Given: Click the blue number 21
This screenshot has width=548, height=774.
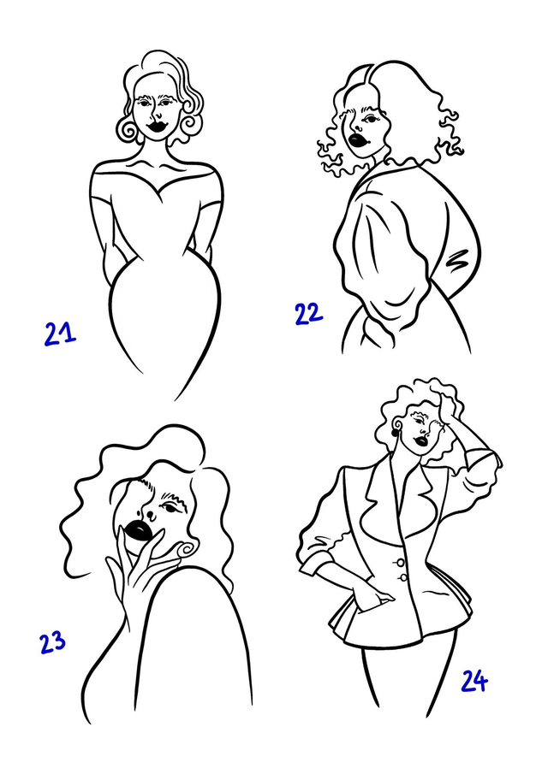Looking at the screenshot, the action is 60,334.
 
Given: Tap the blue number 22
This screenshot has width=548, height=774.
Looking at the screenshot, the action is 309,314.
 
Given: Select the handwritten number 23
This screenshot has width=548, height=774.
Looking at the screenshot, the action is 52,642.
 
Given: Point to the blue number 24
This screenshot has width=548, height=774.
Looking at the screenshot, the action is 474,682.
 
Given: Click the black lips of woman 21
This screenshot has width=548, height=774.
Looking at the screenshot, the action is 158,126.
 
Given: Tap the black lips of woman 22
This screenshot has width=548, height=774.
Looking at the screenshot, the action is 357,139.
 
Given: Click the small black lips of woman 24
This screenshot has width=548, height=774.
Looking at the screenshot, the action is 421,440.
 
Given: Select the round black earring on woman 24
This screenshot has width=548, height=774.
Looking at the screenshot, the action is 396,434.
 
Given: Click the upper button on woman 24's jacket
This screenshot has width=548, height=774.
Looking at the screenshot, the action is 400,562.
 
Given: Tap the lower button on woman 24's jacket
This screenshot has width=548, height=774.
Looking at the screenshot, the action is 403,577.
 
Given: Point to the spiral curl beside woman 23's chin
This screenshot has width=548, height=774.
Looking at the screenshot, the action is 187,550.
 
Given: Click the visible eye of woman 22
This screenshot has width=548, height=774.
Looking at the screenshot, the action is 370,119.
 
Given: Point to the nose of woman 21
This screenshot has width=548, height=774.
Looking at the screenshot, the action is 158,115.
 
